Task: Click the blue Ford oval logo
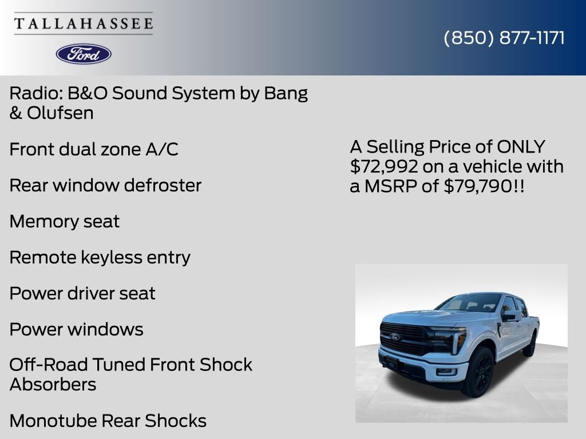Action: coord(84,54)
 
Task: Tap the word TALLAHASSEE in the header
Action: coord(84,23)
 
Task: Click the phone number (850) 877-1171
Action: coord(504,38)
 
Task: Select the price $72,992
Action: coord(384,166)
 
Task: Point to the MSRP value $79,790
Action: coord(478,186)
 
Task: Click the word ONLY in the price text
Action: coord(521,147)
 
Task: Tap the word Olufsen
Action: coord(60,113)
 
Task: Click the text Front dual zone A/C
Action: coord(94,149)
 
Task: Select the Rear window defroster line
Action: coord(105,186)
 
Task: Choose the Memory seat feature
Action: coord(65,221)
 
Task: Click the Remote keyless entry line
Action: coord(100,258)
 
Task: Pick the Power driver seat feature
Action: coord(82,293)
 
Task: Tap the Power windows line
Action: coord(77,330)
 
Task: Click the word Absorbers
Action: coord(53,385)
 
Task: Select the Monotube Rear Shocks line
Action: coord(108,421)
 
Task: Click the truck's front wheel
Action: coord(479,372)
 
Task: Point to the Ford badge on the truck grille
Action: coord(395,337)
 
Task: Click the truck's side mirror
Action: coord(509,317)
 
